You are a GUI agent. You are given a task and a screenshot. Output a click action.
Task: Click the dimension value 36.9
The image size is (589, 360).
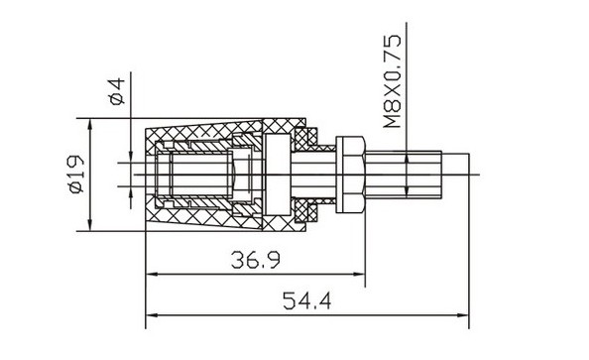click(256, 260)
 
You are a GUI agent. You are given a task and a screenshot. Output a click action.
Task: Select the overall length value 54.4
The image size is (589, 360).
click(307, 300)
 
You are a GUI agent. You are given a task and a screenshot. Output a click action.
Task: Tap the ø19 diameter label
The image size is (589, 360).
click(76, 174)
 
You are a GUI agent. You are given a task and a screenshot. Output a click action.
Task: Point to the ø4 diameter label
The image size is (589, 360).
click(118, 91)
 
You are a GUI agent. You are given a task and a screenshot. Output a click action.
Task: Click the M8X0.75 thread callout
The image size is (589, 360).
click(392, 81)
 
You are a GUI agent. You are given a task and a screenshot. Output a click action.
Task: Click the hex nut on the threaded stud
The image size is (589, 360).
click(350, 175)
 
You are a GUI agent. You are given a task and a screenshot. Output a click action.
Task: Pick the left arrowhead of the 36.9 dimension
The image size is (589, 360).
click(152, 275)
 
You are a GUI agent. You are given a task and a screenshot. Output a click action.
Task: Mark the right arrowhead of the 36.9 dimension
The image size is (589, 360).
click(359, 275)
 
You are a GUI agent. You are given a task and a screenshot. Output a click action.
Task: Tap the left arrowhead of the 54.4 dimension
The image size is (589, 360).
click(152, 315)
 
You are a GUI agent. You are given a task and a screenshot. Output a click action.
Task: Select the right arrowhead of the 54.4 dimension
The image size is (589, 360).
click(463, 315)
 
